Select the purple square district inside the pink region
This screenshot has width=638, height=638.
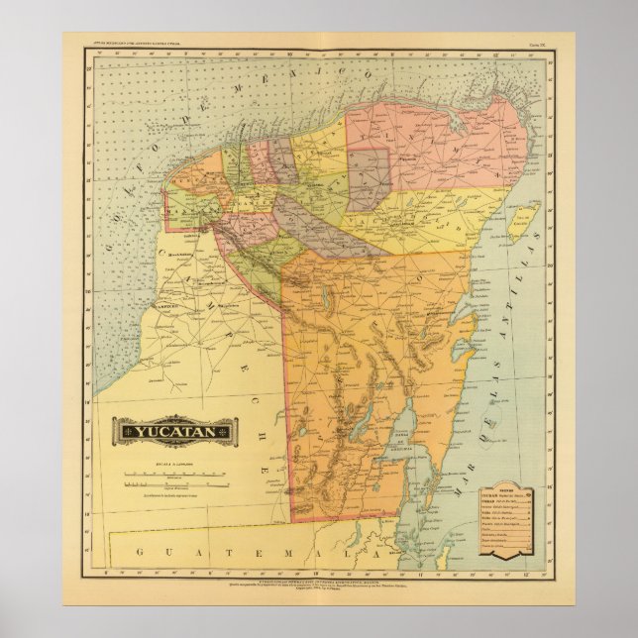click(x=368, y=179)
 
